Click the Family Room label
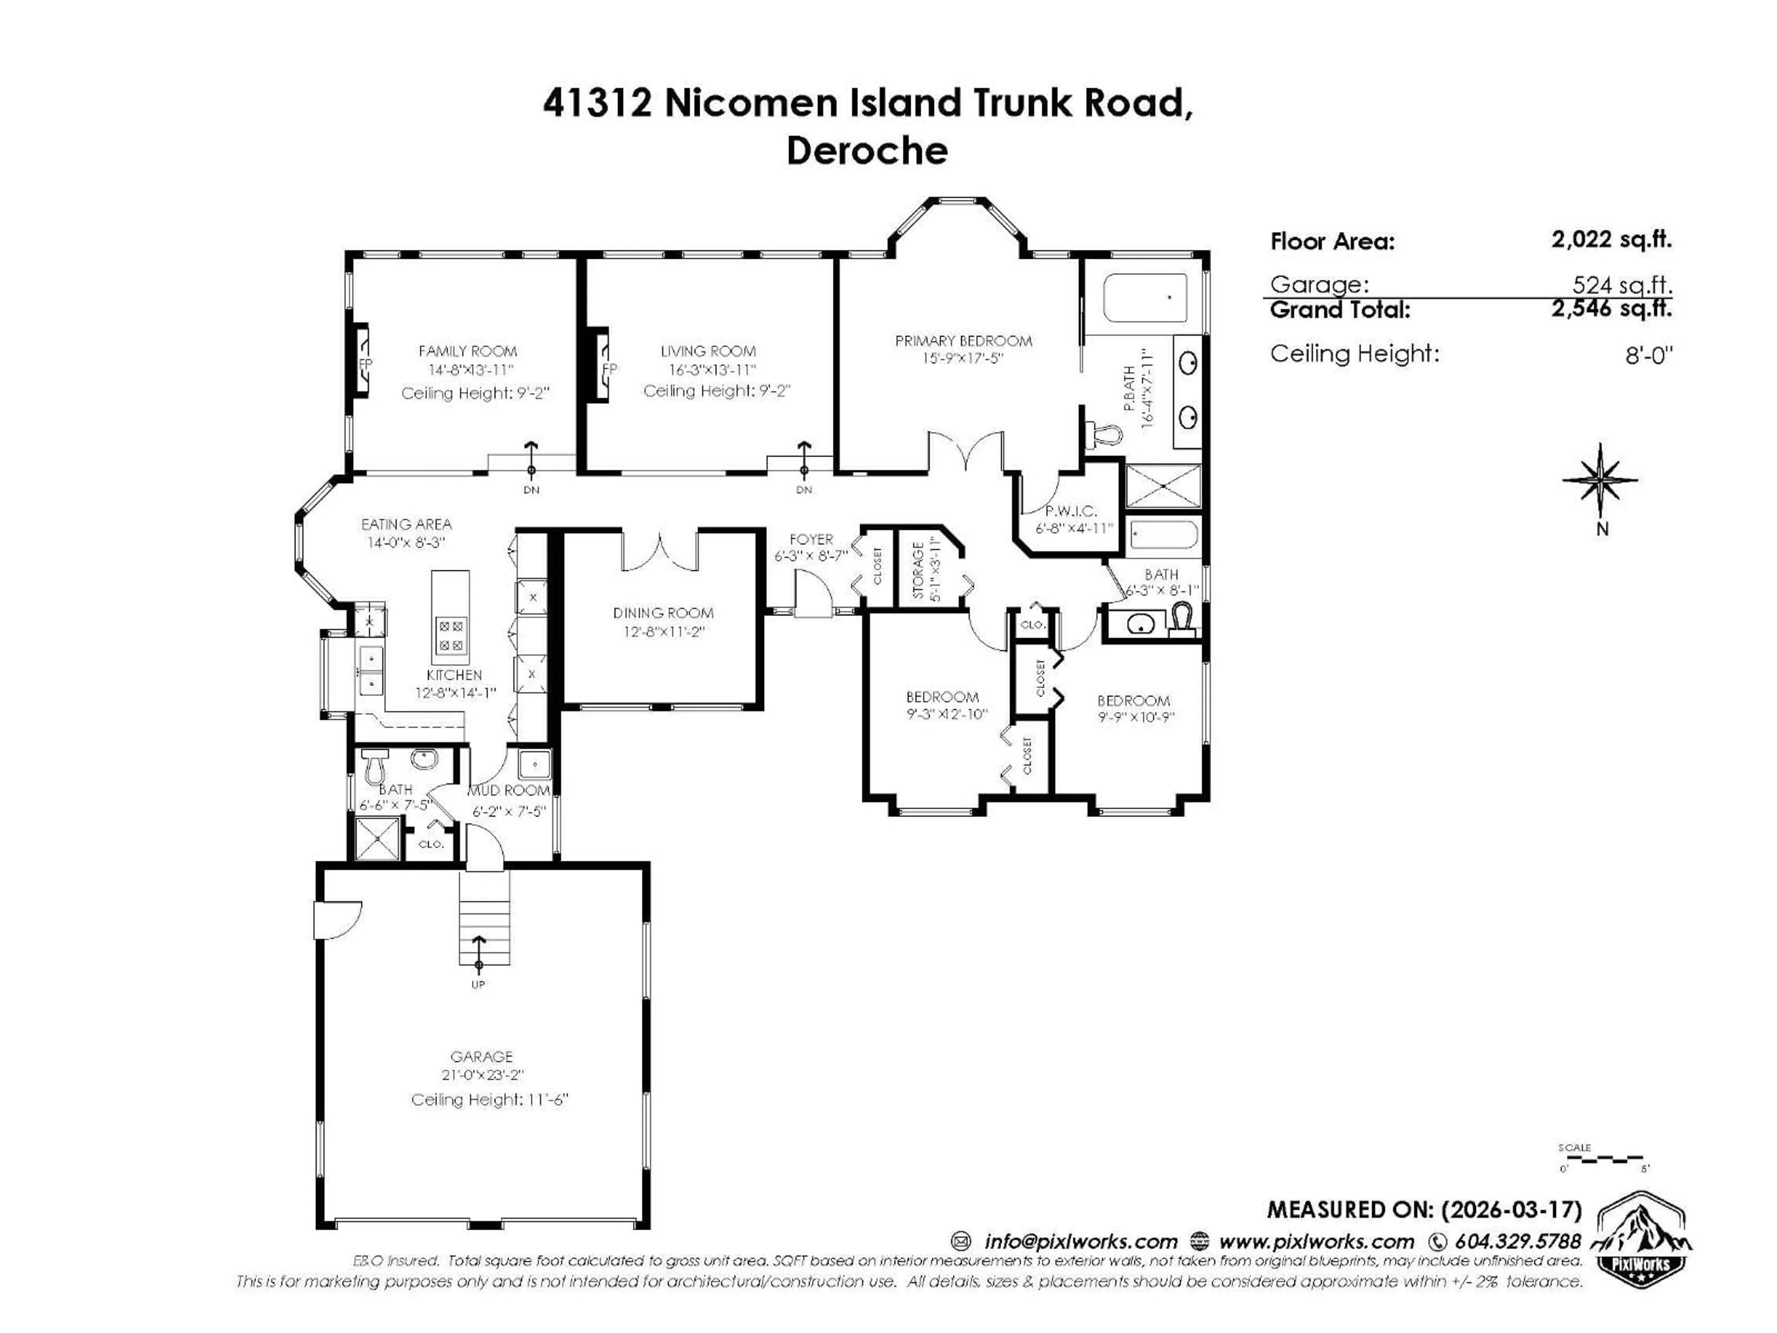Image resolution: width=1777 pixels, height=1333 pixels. [x=467, y=351]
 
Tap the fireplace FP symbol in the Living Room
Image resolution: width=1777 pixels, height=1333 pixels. [x=608, y=369]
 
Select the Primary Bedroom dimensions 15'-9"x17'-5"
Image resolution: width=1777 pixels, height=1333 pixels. [x=963, y=358]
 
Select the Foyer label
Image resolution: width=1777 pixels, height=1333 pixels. [x=811, y=539]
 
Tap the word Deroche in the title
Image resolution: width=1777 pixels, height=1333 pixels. [x=867, y=151]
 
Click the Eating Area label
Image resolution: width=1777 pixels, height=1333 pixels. [x=406, y=524]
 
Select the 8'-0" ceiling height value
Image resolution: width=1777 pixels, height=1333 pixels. [x=1648, y=355]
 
